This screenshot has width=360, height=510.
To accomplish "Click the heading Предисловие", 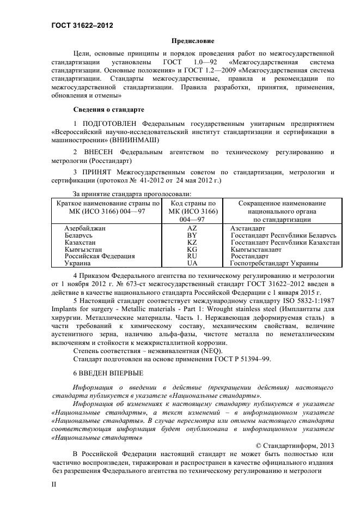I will [x=193, y=41].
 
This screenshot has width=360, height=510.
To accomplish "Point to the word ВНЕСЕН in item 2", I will [x=99, y=152].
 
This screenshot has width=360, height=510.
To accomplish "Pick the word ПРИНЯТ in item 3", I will [x=97, y=173].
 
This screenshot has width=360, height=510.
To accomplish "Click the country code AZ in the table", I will [x=192, y=228].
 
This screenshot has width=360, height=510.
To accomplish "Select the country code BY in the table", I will [x=192, y=235].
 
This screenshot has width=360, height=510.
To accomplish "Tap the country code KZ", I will [x=192, y=242].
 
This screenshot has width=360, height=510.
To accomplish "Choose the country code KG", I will [x=192, y=249].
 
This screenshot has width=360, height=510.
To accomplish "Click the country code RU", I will [x=192, y=256].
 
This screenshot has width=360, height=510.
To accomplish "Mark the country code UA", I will [x=192, y=263].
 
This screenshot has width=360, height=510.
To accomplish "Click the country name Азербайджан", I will [x=85, y=228].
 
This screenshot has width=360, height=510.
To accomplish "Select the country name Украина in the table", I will [x=77, y=263].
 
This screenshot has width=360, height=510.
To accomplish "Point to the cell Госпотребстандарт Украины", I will [x=274, y=263].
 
